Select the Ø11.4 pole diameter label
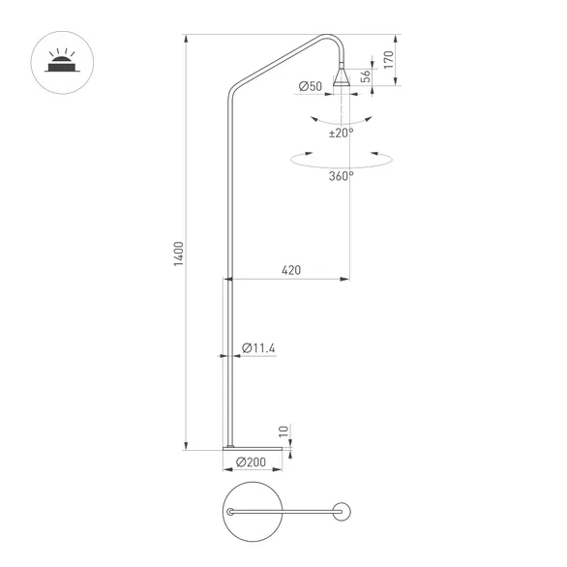(x=259, y=347)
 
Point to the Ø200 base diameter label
(x=251, y=463)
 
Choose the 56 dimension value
(x=365, y=76)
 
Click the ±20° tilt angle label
(x=341, y=133)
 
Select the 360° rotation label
(x=341, y=176)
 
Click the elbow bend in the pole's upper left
(x=232, y=93)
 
